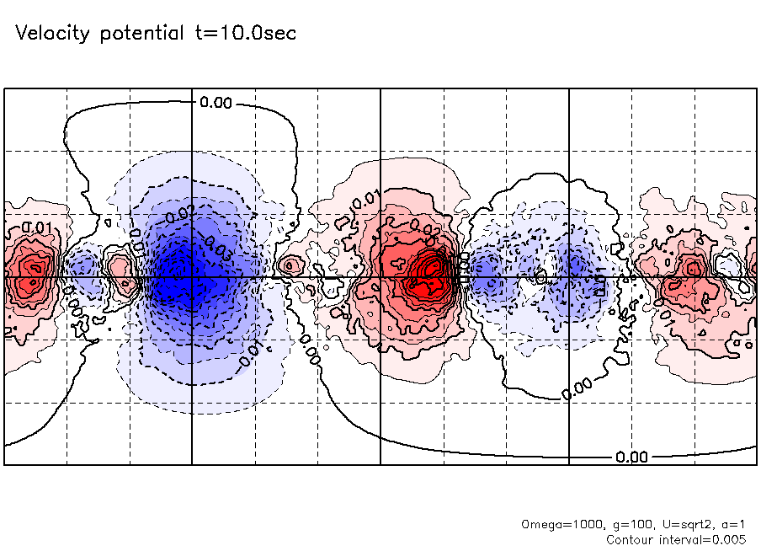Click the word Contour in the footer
click(x=632, y=538)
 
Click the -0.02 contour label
click(x=179, y=213)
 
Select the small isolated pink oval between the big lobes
click(x=290, y=266)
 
